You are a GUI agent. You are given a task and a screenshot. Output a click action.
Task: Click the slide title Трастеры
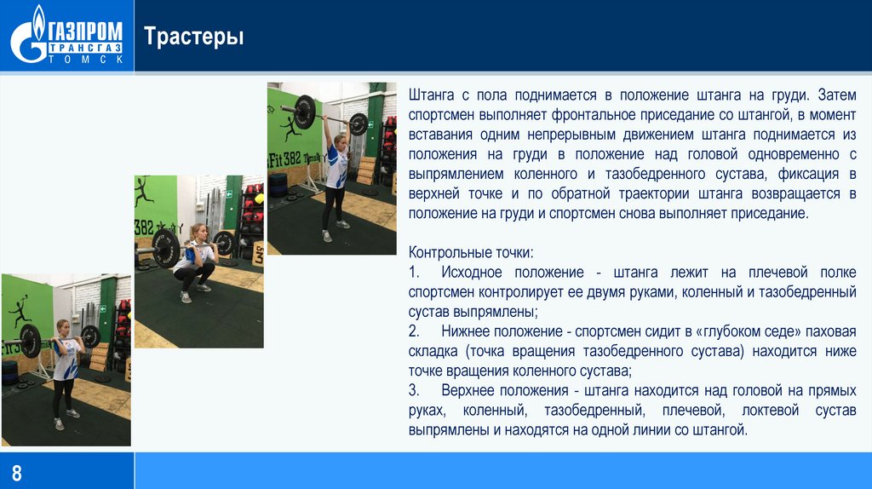[x=193, y=37]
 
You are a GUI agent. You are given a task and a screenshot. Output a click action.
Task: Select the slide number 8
[x=15, y=471]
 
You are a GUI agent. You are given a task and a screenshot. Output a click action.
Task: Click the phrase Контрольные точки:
[x=471, y=253]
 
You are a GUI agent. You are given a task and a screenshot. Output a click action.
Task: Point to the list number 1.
[x=414, y=272]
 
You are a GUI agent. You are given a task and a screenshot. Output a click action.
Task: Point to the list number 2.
[x=414, y=331]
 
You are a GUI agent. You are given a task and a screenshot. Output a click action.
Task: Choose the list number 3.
[x=414, y=390]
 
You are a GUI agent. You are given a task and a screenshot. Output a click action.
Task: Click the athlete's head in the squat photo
[x=197, y=231]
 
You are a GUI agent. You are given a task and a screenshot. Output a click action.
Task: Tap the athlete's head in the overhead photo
[x=339, y=139]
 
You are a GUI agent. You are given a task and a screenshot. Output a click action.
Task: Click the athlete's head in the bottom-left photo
[x=62, y=326]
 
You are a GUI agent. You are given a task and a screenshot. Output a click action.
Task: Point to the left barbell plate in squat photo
[x=166, y=248]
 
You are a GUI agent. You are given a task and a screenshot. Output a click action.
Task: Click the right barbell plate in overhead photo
[x=359, y=124]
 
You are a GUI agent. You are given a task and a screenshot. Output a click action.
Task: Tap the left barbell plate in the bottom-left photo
[x=30, y=341]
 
